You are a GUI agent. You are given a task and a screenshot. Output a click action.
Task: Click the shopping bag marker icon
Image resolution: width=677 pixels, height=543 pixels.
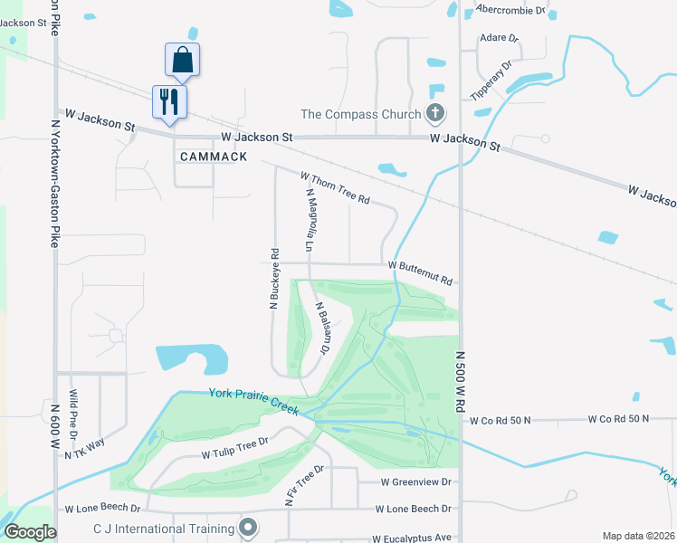coord(182,60)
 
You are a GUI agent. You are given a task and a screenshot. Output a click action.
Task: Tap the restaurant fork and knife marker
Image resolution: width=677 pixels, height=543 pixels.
coord(169,100)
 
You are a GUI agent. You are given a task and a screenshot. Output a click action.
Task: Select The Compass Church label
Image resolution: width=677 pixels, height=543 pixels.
coord(361,114)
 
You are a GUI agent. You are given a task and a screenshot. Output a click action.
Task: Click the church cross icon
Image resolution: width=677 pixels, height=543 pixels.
coord(435,114)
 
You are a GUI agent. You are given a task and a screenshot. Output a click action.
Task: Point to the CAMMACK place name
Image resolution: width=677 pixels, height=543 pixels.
coord(213,157)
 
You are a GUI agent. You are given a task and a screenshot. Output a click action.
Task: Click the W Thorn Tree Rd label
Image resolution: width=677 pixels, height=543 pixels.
coord(335,187)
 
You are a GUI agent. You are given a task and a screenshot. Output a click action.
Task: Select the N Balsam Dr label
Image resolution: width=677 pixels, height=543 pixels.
coord(322,325)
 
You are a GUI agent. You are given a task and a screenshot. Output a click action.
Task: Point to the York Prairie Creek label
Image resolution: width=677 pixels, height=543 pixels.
coord(253,401)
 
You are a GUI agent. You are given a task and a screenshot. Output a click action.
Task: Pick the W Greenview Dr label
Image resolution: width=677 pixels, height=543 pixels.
coord(415,483)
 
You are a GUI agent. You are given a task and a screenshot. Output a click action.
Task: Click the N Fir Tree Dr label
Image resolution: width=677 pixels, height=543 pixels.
coord(305,486)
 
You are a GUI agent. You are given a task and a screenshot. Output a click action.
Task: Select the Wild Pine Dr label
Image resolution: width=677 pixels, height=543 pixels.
coord(73,411)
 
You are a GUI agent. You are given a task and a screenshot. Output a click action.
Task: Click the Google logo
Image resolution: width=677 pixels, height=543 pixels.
coord(31,531)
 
